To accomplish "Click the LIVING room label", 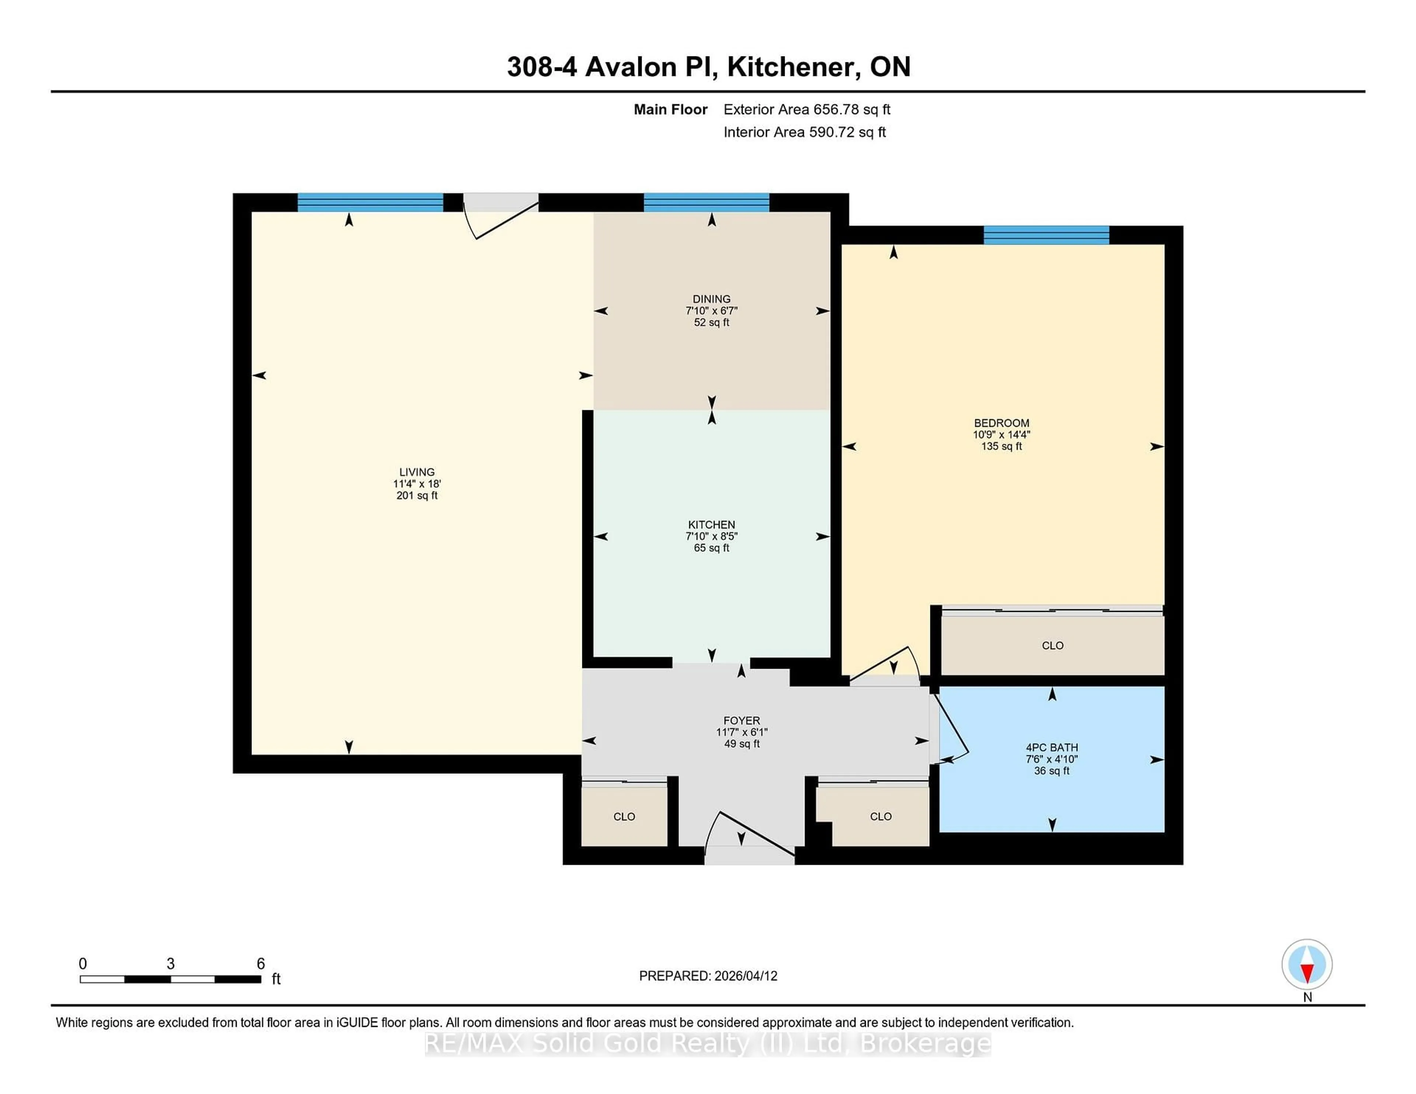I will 417,472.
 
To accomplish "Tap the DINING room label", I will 711,299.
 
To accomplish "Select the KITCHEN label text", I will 711,524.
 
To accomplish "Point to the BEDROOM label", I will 1001,422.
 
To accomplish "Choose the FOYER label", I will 742,720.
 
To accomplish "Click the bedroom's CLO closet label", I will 1052,645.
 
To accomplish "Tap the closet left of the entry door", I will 624,816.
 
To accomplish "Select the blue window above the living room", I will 370,203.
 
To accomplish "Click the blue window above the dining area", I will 706,203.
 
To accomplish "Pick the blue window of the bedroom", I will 1046,235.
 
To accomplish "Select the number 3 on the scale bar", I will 170,964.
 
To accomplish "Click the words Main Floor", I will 670,109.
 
